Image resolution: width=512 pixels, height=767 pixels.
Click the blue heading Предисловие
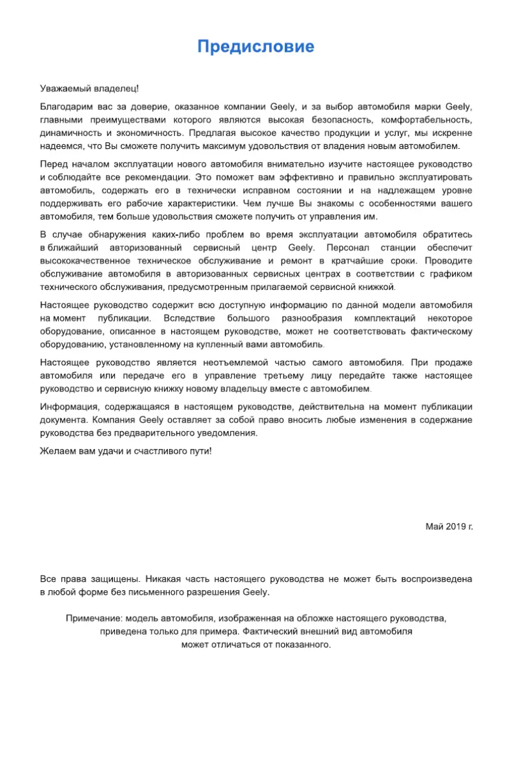coord(255,47)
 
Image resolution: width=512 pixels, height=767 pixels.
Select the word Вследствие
coord(190,317)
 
